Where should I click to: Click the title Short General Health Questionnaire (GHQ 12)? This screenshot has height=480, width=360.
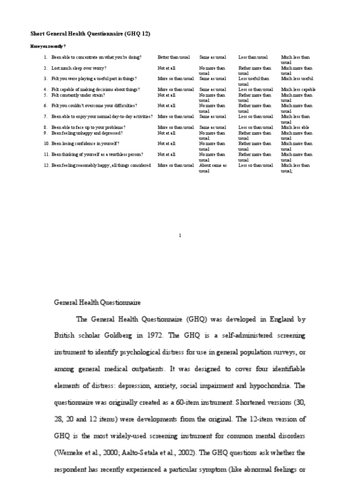coord(90,34)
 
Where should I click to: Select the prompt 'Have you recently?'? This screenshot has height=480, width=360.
coord(48,46)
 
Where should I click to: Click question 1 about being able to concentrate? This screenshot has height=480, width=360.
coord(97,57)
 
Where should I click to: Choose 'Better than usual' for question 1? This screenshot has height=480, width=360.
coord(173,57)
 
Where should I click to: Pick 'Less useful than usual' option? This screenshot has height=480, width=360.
coord(254,81)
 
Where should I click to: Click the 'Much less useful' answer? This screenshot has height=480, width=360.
coord(297,79)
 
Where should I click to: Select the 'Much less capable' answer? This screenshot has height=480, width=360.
coord(298,90)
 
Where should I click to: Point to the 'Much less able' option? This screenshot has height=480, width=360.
coord(295,127)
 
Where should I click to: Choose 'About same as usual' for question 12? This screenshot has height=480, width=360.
coord(213,167)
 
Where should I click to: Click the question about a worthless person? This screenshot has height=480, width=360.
coord(97,154)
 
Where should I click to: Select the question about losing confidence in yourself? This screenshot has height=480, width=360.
coord(85,143)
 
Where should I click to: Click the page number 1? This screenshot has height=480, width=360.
coord(180,236)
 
